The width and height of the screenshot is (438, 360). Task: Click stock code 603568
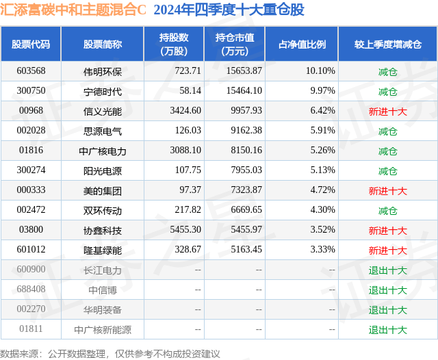32,70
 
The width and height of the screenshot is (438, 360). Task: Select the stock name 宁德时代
102,91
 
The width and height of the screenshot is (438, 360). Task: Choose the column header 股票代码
31,44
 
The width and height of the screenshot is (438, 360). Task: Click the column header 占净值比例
302,44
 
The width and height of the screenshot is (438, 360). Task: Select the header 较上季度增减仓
387,44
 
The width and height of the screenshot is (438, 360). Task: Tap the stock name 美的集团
102,191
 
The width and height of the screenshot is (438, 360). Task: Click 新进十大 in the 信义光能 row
387,111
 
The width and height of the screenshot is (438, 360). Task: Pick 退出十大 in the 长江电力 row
387,270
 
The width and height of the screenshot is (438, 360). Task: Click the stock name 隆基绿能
102,250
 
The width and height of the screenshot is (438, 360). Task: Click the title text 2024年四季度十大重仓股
229,10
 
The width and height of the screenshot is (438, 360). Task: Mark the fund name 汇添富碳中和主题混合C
74,10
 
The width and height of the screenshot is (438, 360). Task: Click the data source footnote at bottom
110,353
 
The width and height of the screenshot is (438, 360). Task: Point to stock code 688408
32,290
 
